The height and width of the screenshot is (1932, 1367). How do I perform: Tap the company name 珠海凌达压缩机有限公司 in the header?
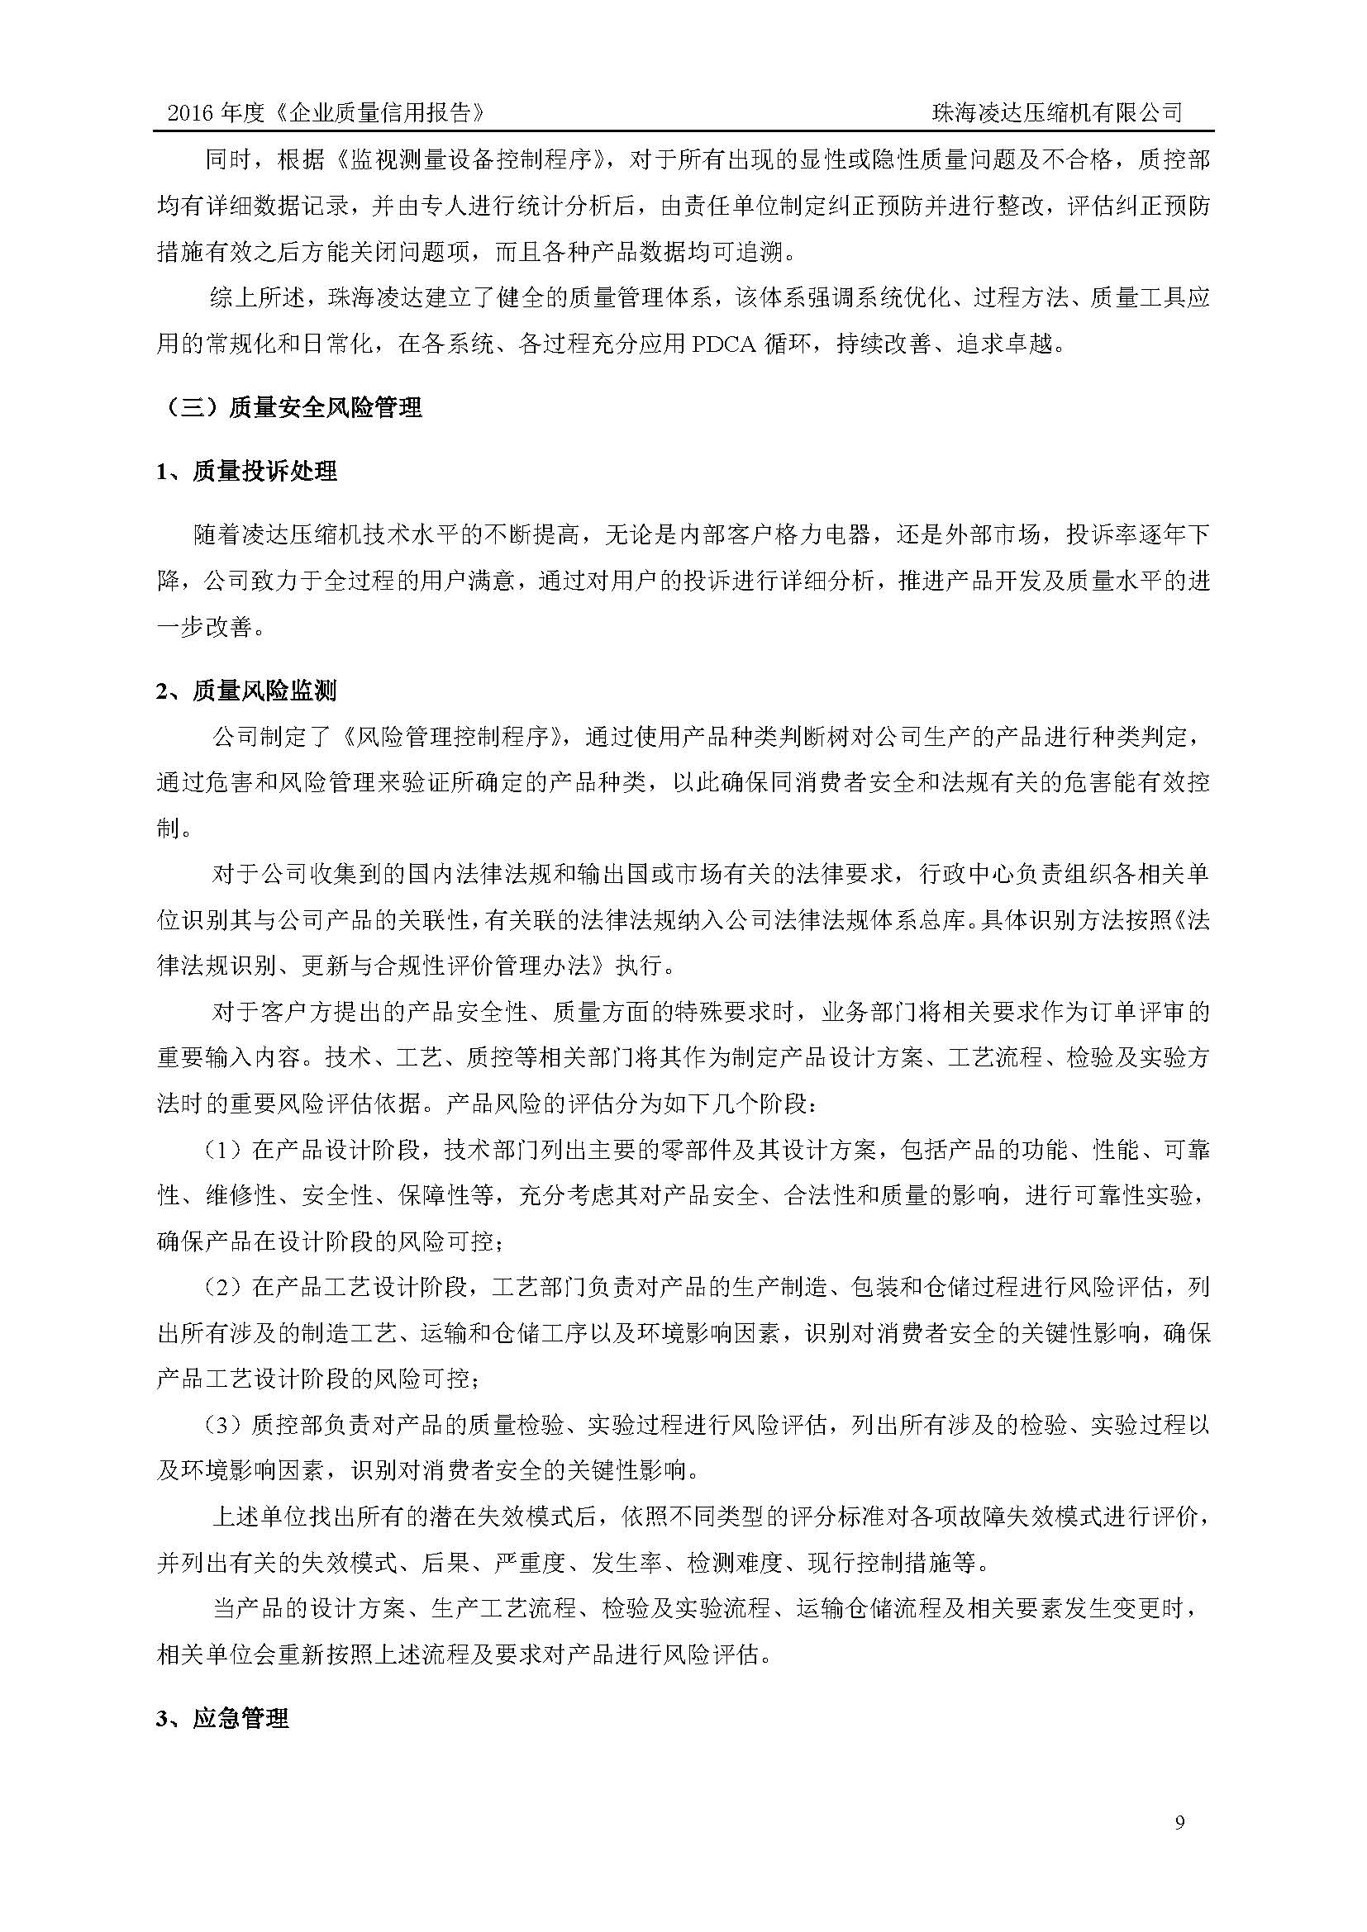click(1056, 113)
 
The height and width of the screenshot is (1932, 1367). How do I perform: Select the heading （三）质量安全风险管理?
click(289, 408)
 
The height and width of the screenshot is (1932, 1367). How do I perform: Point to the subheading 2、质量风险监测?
click(246, 691)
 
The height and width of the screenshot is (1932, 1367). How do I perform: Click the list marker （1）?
click(226, 1151)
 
